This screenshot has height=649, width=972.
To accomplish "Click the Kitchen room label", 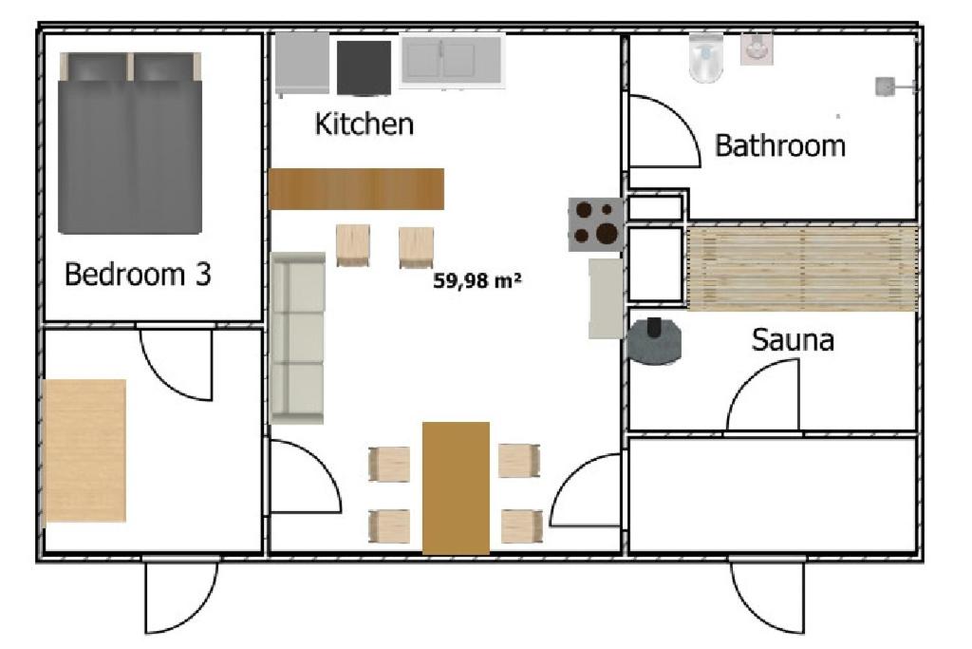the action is coord(364,124).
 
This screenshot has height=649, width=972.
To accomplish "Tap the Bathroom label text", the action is coord(780,145).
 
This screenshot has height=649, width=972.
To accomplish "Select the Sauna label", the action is coord(793,339).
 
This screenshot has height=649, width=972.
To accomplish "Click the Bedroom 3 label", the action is coord(138,274).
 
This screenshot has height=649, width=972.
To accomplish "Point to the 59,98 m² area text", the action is coord(477,280).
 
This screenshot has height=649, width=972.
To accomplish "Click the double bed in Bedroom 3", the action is coord(130,143).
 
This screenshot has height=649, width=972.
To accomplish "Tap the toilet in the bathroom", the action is coord(706,58).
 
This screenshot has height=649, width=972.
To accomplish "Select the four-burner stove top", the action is coord(596,224).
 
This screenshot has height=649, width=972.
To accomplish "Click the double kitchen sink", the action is coord(451,60).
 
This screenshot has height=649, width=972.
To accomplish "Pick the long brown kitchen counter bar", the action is coord(357,189).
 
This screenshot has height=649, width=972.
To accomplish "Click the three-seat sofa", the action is coord(297,338).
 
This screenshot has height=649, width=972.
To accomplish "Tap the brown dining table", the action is coord(456,487).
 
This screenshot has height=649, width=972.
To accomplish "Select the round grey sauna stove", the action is coord(654,340).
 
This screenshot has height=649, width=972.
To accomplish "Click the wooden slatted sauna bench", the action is coord(802,268).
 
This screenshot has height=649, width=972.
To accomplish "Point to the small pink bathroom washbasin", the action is coord(757,48).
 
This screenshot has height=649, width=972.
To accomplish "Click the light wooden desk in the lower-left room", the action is coord(84,450).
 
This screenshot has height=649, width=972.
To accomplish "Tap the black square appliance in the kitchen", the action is coord(364,68).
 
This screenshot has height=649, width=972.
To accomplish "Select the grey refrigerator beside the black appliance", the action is coord(302,64).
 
